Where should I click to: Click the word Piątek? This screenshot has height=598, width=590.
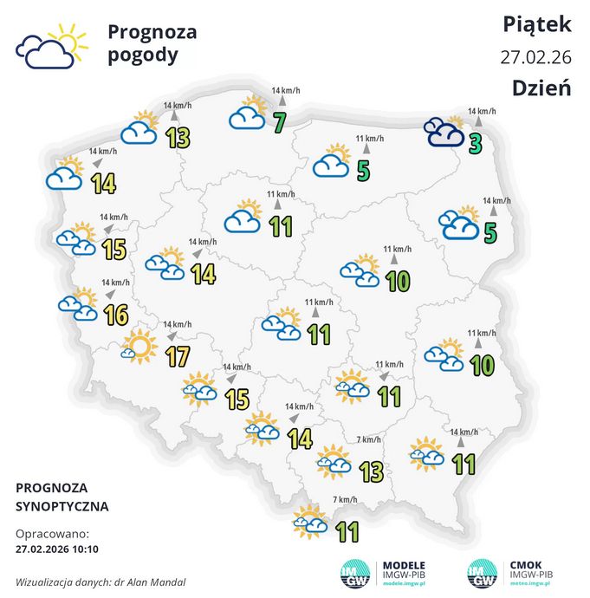coord(537,25)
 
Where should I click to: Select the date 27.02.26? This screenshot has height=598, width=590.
coord(536,57)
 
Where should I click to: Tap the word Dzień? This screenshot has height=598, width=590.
coord(541,88)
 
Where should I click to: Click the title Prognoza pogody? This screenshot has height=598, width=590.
coord(152,44)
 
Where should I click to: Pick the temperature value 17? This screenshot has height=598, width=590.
coord(177,355)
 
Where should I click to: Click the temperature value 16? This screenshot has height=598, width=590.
coord(115,315)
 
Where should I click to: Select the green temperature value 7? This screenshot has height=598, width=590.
coord(279,123)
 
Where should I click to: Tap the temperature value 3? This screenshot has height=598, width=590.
coord(475,143)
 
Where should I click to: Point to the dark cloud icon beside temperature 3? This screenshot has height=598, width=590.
coord(444,132)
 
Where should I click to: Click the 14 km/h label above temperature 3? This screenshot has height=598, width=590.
coord(482,111)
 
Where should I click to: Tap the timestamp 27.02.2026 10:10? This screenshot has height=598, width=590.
coord(57,549)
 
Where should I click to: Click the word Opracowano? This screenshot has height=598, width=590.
coord(52,533)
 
